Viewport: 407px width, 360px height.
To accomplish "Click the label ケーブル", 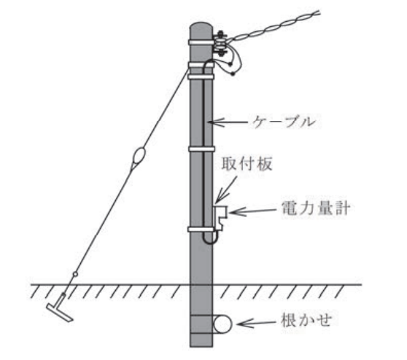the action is tap(284, 122).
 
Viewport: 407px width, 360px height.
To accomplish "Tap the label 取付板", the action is tap(247, 164).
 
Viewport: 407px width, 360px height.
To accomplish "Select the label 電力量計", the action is tap(315, 208).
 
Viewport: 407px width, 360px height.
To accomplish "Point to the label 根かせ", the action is tap(306, 321).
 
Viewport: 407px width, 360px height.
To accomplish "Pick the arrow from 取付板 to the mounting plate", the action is tap(226, 189).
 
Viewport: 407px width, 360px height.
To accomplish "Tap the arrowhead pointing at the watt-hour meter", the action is tap(234, 212).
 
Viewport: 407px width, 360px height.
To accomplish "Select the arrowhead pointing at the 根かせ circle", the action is tap(242, 324).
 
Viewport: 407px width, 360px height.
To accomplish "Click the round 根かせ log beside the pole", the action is tap(222, 324).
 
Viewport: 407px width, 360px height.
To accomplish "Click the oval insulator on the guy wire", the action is tap(139, 157).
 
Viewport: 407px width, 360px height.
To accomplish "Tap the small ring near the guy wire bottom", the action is tap(75, 274).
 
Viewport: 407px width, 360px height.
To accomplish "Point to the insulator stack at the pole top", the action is tap(220, 44).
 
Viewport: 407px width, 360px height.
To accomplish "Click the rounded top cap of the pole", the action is tap(201, 27).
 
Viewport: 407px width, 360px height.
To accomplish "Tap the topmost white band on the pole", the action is tap(201, 42).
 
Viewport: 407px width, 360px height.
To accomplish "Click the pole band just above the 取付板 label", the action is tap(202, 149).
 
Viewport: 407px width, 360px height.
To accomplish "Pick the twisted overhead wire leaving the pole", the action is tap(273, 27).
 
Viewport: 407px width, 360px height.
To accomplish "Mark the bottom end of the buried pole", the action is tap(201, 346).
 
